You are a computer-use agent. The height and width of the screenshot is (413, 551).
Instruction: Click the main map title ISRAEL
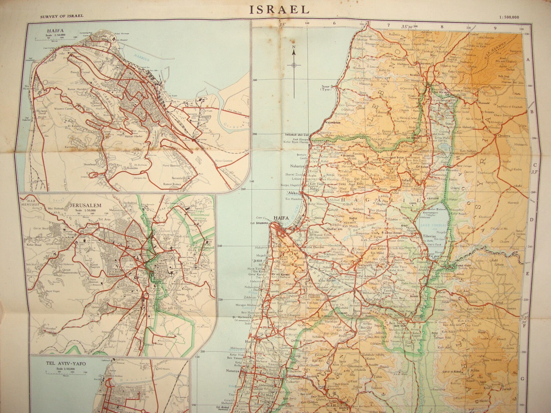280,9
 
